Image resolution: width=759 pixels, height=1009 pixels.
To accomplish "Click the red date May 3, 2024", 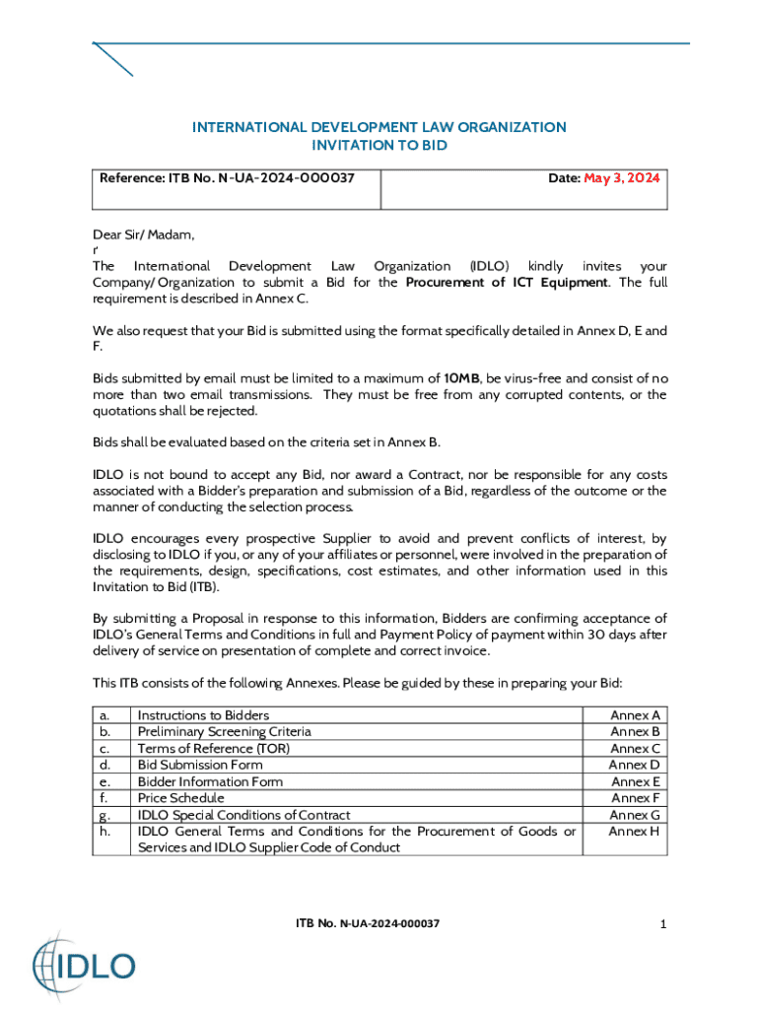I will pyautogui.click(x=621, y=178).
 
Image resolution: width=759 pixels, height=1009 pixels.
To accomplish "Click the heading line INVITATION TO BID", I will pyautogui.click(x=379, y=145).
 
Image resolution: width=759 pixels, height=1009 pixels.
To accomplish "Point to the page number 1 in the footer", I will pyautogui.click(x=664, y=923).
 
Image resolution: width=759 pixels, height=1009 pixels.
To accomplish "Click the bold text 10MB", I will pyautogui.click(x=462, y=378).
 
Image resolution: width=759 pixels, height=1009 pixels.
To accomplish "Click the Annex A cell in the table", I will pyautogui.click(x=635, y=714).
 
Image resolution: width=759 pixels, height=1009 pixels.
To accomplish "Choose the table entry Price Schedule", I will pyautogui.click(x=180, y=797).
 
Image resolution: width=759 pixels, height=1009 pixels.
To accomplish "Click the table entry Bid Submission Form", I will pyautogui.click(x=200, y=765).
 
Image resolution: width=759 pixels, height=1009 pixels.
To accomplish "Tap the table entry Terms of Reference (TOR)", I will pyautogui.click(x=214, y=748).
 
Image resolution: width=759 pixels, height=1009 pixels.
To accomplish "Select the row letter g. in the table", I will pyautogui.click(x=104, y=815).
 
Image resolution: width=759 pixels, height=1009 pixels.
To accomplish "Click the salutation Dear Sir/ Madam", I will pyautogui.click(x=144, y=235).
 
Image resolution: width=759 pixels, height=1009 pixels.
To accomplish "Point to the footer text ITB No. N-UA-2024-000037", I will pyautogui.click(x=368, y=923).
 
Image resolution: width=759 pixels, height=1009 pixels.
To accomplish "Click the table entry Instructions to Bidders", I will pyautogui.click(x=203, y=714).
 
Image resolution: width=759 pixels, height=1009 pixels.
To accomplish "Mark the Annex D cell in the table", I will pyautogui.click(x=634, y=765).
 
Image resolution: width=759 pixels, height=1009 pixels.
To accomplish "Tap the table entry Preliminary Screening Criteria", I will pyautogui.click(x=224, y=731).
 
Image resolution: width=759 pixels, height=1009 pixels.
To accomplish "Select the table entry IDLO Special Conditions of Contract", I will pyautogui.click(x=243, y=815).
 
